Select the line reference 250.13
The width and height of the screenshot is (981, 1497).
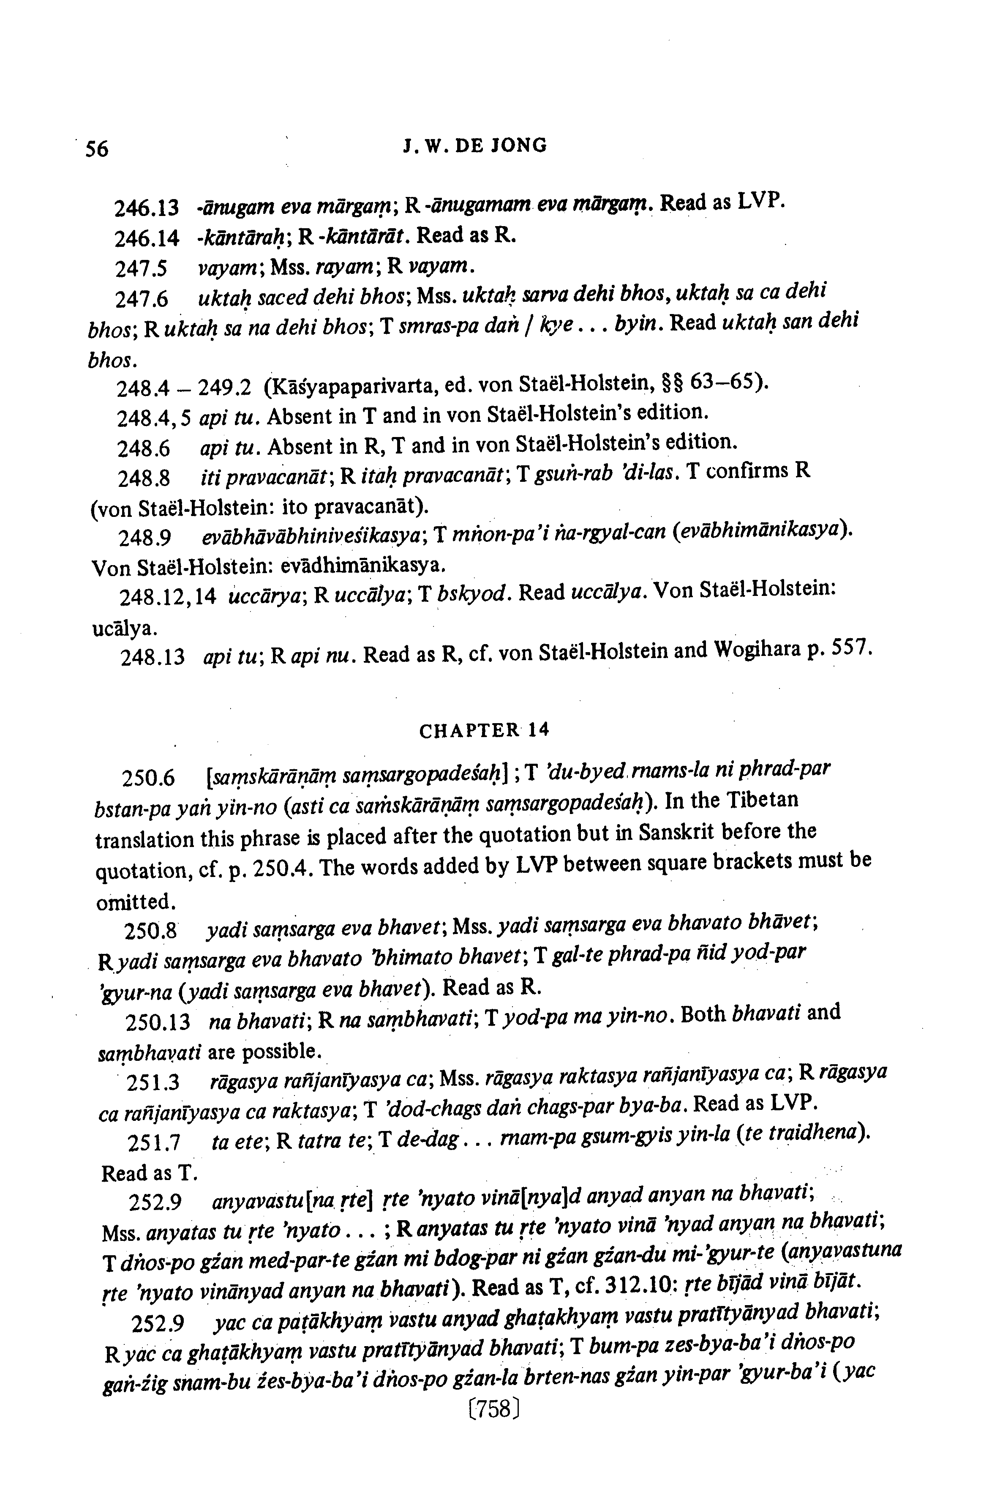click(x=158, y=1023)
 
